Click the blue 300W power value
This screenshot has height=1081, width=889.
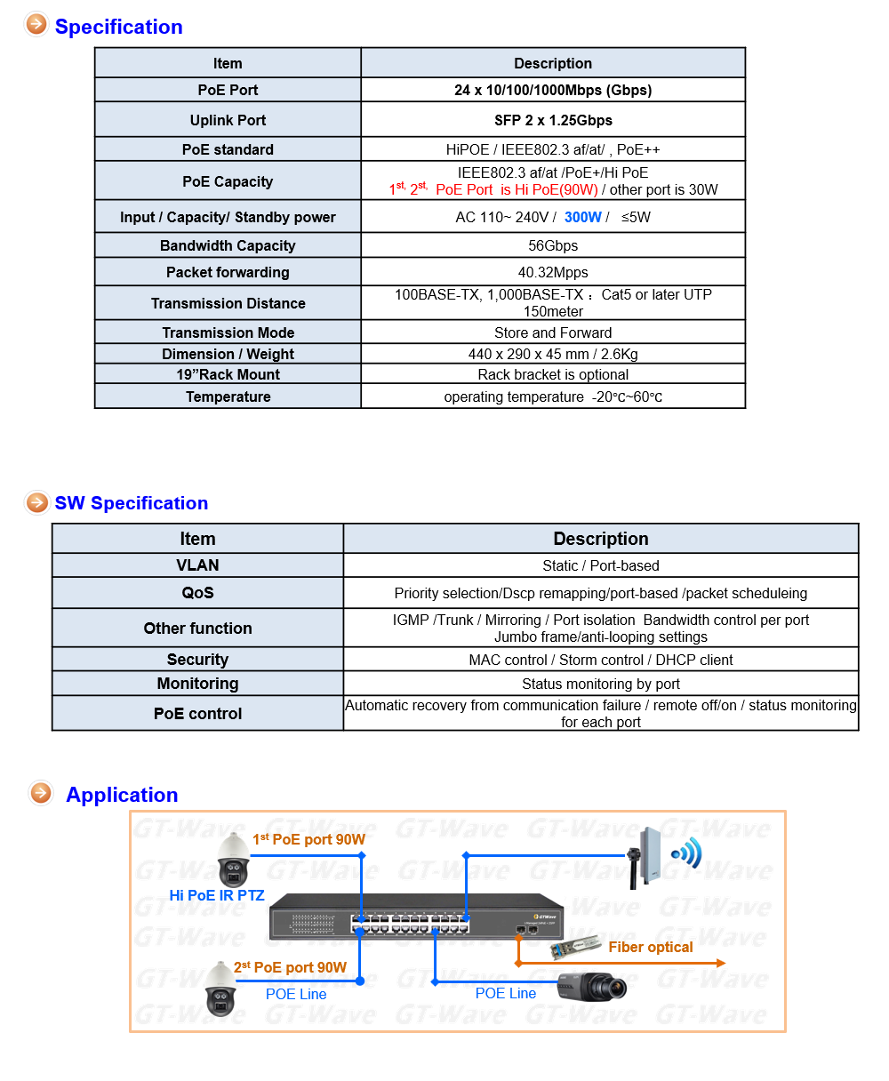pyautogui.click(x=582, y=217)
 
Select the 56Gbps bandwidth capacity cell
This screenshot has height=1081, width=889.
pyautogui.click(x=553, y=245)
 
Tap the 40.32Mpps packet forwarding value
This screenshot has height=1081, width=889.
pyautogui.click(x=553, y=272)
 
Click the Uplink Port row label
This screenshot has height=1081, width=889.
pyautogui.click(x=228, y=120)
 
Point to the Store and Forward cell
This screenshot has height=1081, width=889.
pyautogui.click(x=553, y=332)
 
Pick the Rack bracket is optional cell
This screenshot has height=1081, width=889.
pyautogui.click(x=553, y=374)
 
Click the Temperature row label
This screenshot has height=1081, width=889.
pyautogui.click(x=228, y=396)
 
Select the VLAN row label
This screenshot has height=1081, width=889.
pyautogui.click(x=197, y=565)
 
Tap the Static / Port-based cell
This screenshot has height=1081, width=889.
pyautogui.click(x=600, y=565)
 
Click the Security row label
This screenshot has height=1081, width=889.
pyautogui.click(x=197, y=659)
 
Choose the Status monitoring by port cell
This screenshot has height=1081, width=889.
pyautogui.click(x=600, y=684)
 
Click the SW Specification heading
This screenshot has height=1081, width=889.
pyautogui.click(x=132, y=503)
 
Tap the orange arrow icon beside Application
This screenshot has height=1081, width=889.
pyautogui.click(x=41, y=793)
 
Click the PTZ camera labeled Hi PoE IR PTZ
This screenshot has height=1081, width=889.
pyautogui.click(x=233, y=860)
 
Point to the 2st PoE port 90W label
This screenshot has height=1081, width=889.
pyautogui.click(x=290, y=966)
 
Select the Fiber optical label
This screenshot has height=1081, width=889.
pyautogui.click(x=650, y=947)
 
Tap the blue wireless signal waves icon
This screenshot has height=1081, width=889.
pyautogui.click(x=686, y=853)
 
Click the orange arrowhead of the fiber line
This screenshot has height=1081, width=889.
pyautogui.click(x=720, y=963)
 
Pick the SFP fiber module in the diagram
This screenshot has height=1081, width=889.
pyautogui.click(x=575, y=947)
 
